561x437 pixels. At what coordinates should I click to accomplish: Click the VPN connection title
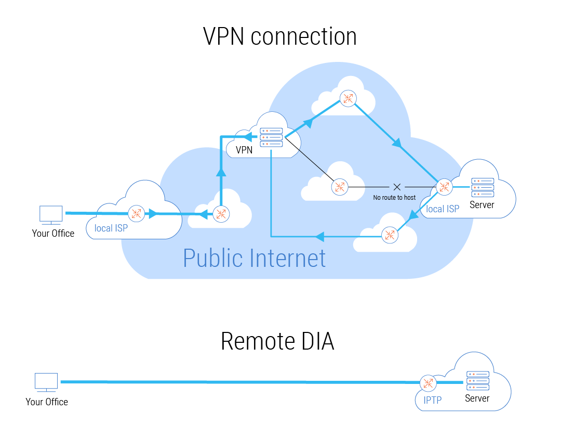click(279, 37)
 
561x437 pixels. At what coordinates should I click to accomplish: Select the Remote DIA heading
click(277, 341)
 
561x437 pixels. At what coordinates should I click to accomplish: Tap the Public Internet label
click(255, 258)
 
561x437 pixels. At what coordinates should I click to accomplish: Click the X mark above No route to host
click(397, 187)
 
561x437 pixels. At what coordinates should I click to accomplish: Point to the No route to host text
click(394, 198)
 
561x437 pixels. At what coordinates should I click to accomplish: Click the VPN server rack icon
click(272, 137)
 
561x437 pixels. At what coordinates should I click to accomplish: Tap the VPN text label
click(244, 150)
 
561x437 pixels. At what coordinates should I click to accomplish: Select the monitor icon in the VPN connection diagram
click(51, 214)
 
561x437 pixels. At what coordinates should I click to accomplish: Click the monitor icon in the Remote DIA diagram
click(46, 382)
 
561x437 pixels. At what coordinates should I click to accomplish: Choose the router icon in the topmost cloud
click(348, 98)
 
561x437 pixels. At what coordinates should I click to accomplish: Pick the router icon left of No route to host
click(340, 187)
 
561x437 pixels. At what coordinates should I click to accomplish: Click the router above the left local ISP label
click(137, 213)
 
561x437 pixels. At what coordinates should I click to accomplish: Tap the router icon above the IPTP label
click(428, 383)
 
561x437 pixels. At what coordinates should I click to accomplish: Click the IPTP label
click(432, 401)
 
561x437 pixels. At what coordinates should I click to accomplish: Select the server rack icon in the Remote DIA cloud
click(478, 381)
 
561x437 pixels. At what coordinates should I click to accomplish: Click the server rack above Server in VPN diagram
click(482, 187)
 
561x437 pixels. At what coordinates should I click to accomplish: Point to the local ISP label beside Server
click(443, 209)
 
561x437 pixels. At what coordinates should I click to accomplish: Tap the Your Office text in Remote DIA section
click(47, 402)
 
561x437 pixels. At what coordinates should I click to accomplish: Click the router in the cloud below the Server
click(389, 235)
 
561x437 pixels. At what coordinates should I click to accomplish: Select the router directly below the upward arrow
click(221, 213)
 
